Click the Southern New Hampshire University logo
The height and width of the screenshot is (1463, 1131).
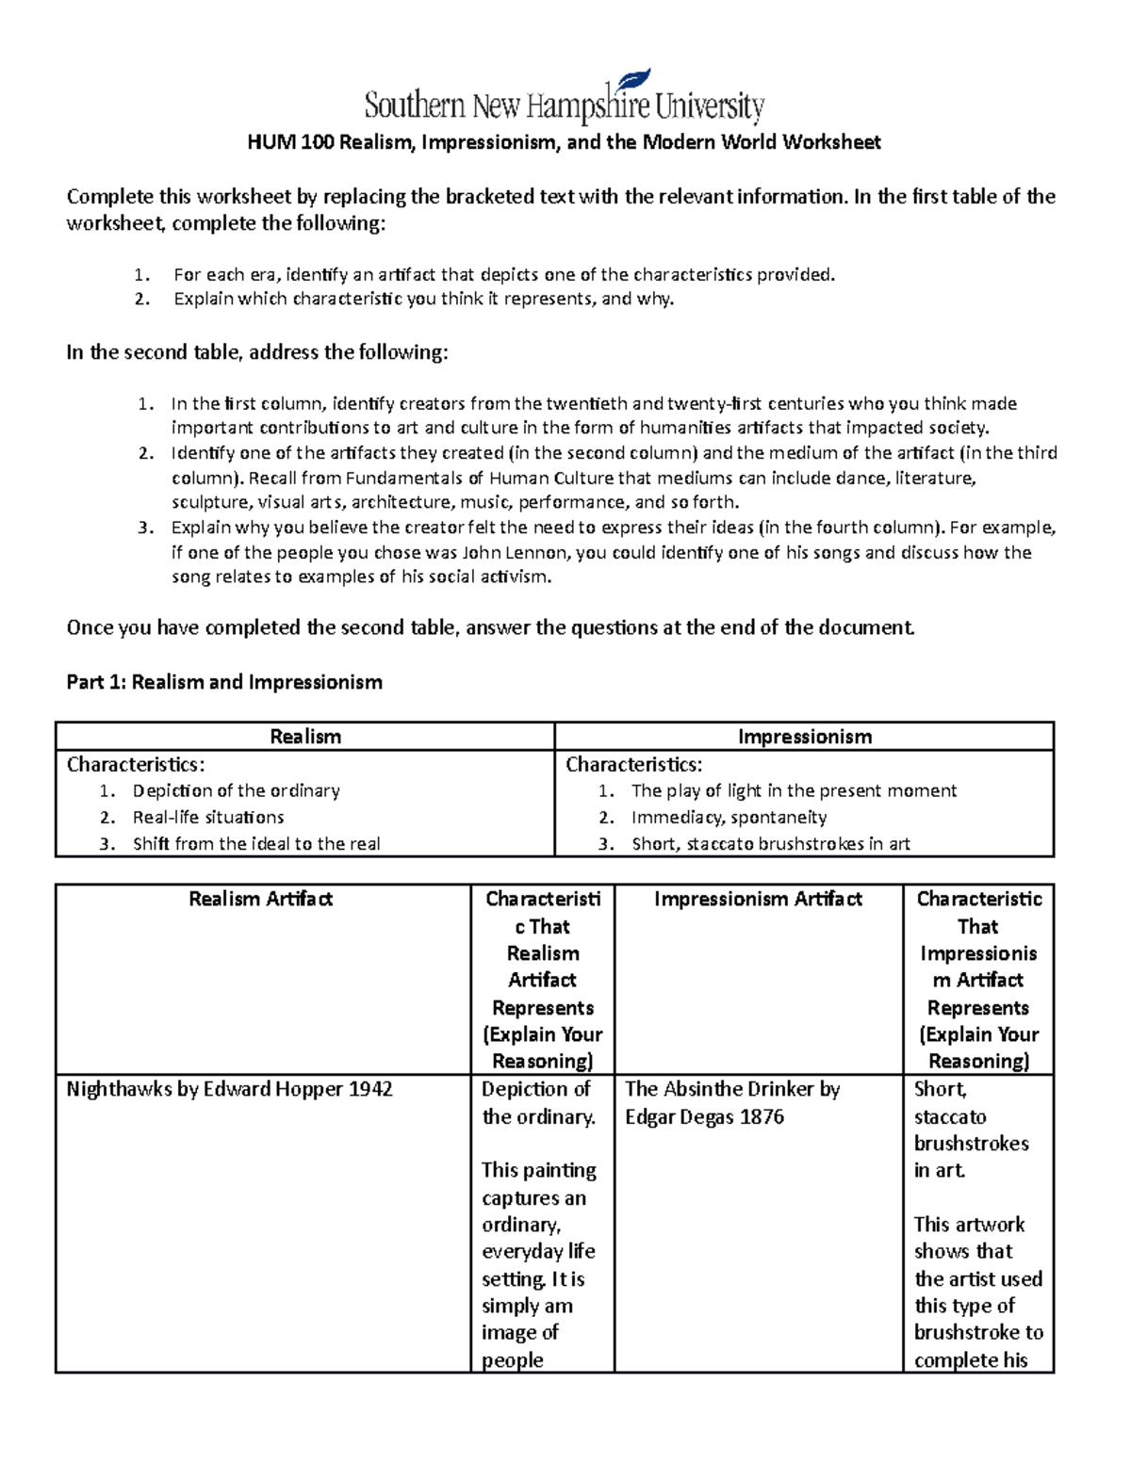coord(564,105)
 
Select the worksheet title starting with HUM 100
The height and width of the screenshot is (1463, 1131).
coord(564,142)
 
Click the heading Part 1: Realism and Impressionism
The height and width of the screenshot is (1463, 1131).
coord(224,682)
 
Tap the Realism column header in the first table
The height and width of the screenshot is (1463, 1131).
coord(305,737)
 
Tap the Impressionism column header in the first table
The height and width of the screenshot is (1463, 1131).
coord(804,737)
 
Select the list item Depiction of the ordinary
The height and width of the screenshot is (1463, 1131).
coord(236,790)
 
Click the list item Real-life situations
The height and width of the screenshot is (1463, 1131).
coord(208,817)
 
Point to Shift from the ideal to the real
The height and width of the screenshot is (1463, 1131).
coord(256,844)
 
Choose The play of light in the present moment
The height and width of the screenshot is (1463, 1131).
coord(794,790)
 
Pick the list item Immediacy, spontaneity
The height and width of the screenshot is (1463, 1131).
coord(729,817)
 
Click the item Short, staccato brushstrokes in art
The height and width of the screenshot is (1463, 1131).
coord(770,844)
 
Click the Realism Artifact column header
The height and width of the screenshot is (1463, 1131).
coord(261,899)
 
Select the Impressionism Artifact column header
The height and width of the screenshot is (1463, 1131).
coord(758,899)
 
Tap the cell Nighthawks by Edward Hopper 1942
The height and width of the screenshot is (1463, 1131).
coord(229,1089)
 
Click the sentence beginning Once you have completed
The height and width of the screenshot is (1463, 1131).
coord(490,627)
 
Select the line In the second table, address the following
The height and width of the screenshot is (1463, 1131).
coord(257,352)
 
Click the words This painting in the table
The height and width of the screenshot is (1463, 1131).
coord(538,1170)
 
